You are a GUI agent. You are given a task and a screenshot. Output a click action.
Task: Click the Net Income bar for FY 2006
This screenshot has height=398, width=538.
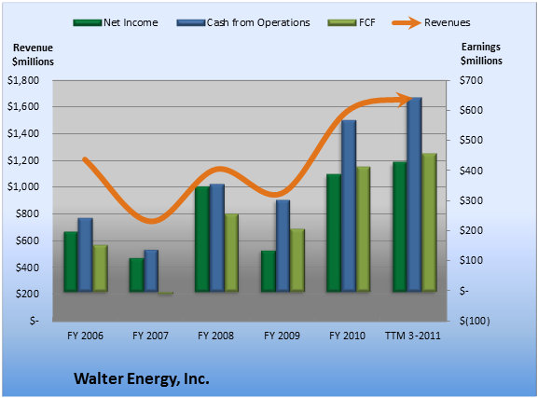pyautogui.click(x=70, y=262)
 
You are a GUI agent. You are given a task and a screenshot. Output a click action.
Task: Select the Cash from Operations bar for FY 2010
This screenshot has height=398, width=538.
pyautogui.click(x=349, y=206)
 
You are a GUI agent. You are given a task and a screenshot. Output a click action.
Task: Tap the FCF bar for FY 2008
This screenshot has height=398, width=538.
pyautogui.click(x=231, y=253)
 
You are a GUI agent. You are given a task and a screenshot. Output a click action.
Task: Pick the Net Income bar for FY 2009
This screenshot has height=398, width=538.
pyautogui.click(x=269, y=271)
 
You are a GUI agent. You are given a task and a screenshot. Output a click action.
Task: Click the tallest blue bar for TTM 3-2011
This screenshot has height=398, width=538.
pyautogui.click(x=415, y=195)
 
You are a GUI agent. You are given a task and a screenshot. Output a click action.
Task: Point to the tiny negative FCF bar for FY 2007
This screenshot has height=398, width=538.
pyautogui.click(x=166, y=293)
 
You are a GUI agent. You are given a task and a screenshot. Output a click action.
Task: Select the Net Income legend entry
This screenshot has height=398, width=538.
pyautogui.click(x=116, y=22)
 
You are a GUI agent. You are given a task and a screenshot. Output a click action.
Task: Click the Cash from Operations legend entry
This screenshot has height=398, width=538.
pyautogui.click(x=243, y=22)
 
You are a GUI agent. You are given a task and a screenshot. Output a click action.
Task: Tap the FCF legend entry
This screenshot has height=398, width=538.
pyautogui.click(x=352, y=22)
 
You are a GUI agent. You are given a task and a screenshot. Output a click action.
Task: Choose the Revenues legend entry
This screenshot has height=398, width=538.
pyautogui.click(x=432, y=22)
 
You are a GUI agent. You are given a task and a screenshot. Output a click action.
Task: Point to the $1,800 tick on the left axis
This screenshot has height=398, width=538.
pyautogui.click(x=23, y=80)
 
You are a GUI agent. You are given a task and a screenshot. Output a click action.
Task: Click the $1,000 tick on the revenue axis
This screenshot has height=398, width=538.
pyautogui.click(x=23, y=187)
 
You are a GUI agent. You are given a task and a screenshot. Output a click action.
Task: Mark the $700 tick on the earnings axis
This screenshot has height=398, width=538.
pyautogui.click(x=471, y=80)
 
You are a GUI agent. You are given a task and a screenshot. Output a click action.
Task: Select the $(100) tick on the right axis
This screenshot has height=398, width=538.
pyautogui.click(x=475, y=321)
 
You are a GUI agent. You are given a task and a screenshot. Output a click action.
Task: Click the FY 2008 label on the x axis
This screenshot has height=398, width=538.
pyautogui.click(x=215, y=336)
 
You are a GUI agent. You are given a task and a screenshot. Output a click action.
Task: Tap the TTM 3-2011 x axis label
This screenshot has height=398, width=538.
pyautogui.click(x=413, y=336)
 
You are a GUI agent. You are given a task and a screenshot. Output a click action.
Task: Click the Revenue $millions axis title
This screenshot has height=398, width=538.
pyautogui.click(x=33, y=55)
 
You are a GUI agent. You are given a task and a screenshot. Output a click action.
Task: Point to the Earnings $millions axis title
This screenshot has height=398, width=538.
pyautogui.click(x=481, y=54)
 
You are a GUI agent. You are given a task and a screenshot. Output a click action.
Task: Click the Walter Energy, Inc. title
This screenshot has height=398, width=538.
pyautogui.click(x=142, y=378)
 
